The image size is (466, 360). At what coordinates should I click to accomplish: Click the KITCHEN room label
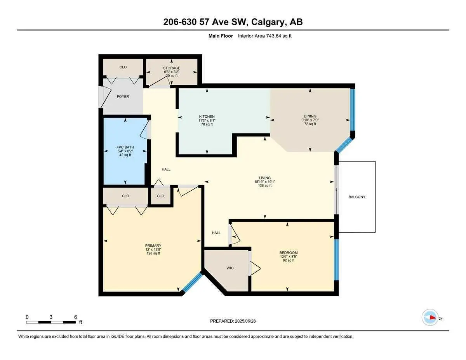click(207, 117)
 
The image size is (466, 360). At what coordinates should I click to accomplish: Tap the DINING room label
click(310, 116)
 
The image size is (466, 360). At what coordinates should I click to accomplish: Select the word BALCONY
click(357, 197)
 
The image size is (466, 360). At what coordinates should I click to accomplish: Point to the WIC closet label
click(230, 268)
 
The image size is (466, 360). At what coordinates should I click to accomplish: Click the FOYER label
click(123, 96)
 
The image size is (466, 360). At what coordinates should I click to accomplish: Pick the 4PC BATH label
click(125, 147)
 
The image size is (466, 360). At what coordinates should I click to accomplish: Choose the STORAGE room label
click(172, 68)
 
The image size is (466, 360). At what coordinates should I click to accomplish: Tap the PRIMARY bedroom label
click(153, 245)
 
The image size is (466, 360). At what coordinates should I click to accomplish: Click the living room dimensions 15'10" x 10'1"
click(264, 182)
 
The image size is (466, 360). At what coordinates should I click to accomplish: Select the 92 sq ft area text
click(289, 260)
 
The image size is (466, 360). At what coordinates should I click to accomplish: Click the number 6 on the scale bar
click(75, 317)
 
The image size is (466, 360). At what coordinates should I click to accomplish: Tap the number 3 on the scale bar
click(51, 317)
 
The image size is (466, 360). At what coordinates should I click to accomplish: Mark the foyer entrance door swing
click(105, 97)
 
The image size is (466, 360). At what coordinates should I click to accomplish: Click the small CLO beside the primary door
click(160, 196)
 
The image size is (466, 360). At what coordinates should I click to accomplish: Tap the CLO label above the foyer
click(123, 67)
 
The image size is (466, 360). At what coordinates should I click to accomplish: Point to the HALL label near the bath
click(166, 169)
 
